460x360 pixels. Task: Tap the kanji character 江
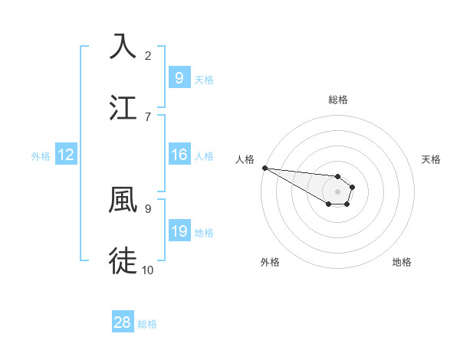pyautogui.click(x=123, y=106)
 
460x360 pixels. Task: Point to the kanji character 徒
pyautogui.click(x=123, y=260)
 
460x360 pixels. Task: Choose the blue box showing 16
pyautogui.click(x=179, y=155)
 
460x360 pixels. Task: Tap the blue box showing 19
pyautogui.click(x=179, y=231)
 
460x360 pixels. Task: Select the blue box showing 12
pyautogui.click(x=66, y=155)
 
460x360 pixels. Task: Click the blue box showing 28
pyautogui.click(x=123, y=322)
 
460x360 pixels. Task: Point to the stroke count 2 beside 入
pyautogui.click(x=148, y=55)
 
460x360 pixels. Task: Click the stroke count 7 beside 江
pyautogui.click(x=148, y=116)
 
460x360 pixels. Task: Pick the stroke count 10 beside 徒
pyautogui.click(x=148, y=269)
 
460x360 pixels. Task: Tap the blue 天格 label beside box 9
pyautogui.click(x=204, y=79)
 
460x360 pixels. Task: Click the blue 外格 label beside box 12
pyautogui.click(x=41, y=156)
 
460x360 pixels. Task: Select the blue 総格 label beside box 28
pyautogui.click(x=147, y=324)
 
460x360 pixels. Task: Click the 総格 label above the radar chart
pyautogui.click(x=338, y=100)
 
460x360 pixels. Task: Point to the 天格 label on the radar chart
pyautogui.click(x=432, y=159)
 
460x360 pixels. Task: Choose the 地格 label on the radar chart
pyautogui.click(x=402, y=262)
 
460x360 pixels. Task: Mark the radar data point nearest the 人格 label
pyautogui.click(x=264, y=168)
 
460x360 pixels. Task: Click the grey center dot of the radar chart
pyautogui.click(x=338, y=191)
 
